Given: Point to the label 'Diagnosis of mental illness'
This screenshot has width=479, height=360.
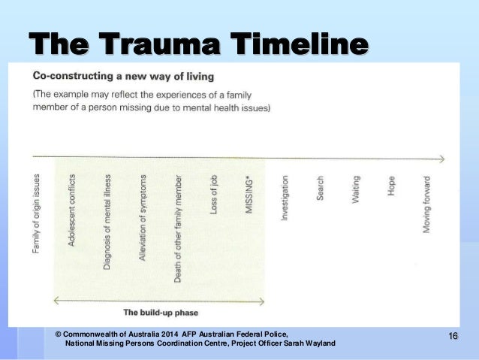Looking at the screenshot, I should pyautogui.click(x=107, y=222).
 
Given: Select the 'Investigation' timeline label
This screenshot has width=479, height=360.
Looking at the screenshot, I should pyautogui.click(x=285, y=198).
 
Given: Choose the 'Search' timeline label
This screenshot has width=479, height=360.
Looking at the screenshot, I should pyautogui.click(x=321, y=188).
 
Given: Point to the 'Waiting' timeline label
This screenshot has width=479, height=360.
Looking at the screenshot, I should pyautogui.click(x=356, y=189).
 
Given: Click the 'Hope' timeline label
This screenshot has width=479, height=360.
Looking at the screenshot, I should pyautogui.click(x=391, y=186).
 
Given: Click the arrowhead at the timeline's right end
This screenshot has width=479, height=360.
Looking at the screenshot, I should pyautogui.click(x=441, y=159).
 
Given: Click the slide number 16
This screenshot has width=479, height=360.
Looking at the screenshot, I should pyautogui.click(x=452, y=335).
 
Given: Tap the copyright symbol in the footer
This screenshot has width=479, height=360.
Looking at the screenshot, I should pyautogui.click(x=59, y=333).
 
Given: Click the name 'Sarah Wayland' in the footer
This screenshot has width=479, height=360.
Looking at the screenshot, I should pyautogui.click(x=309, y=343).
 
